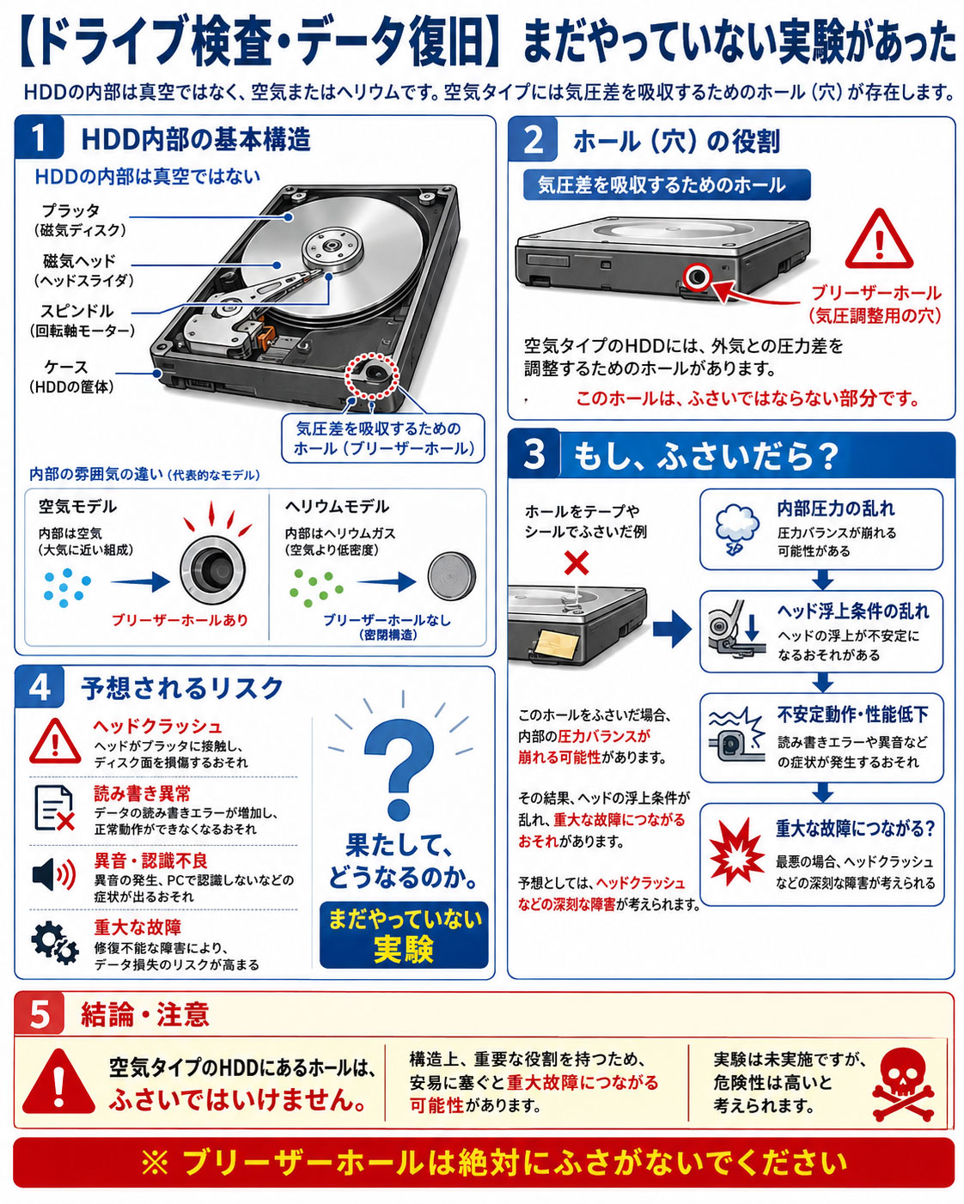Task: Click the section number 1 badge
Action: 40,137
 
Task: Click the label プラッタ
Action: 70,211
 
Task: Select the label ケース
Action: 67,367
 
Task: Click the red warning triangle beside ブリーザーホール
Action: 879,240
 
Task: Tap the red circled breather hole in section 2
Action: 698,277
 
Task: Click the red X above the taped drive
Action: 577,562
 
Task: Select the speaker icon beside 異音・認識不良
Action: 54,874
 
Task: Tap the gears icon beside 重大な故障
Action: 54,942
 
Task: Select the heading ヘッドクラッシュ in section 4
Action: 158,727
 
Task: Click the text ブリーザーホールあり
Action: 180,620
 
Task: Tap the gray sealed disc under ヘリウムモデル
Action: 452,576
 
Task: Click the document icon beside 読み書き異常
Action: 54,808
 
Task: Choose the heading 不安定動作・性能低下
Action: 852,714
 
